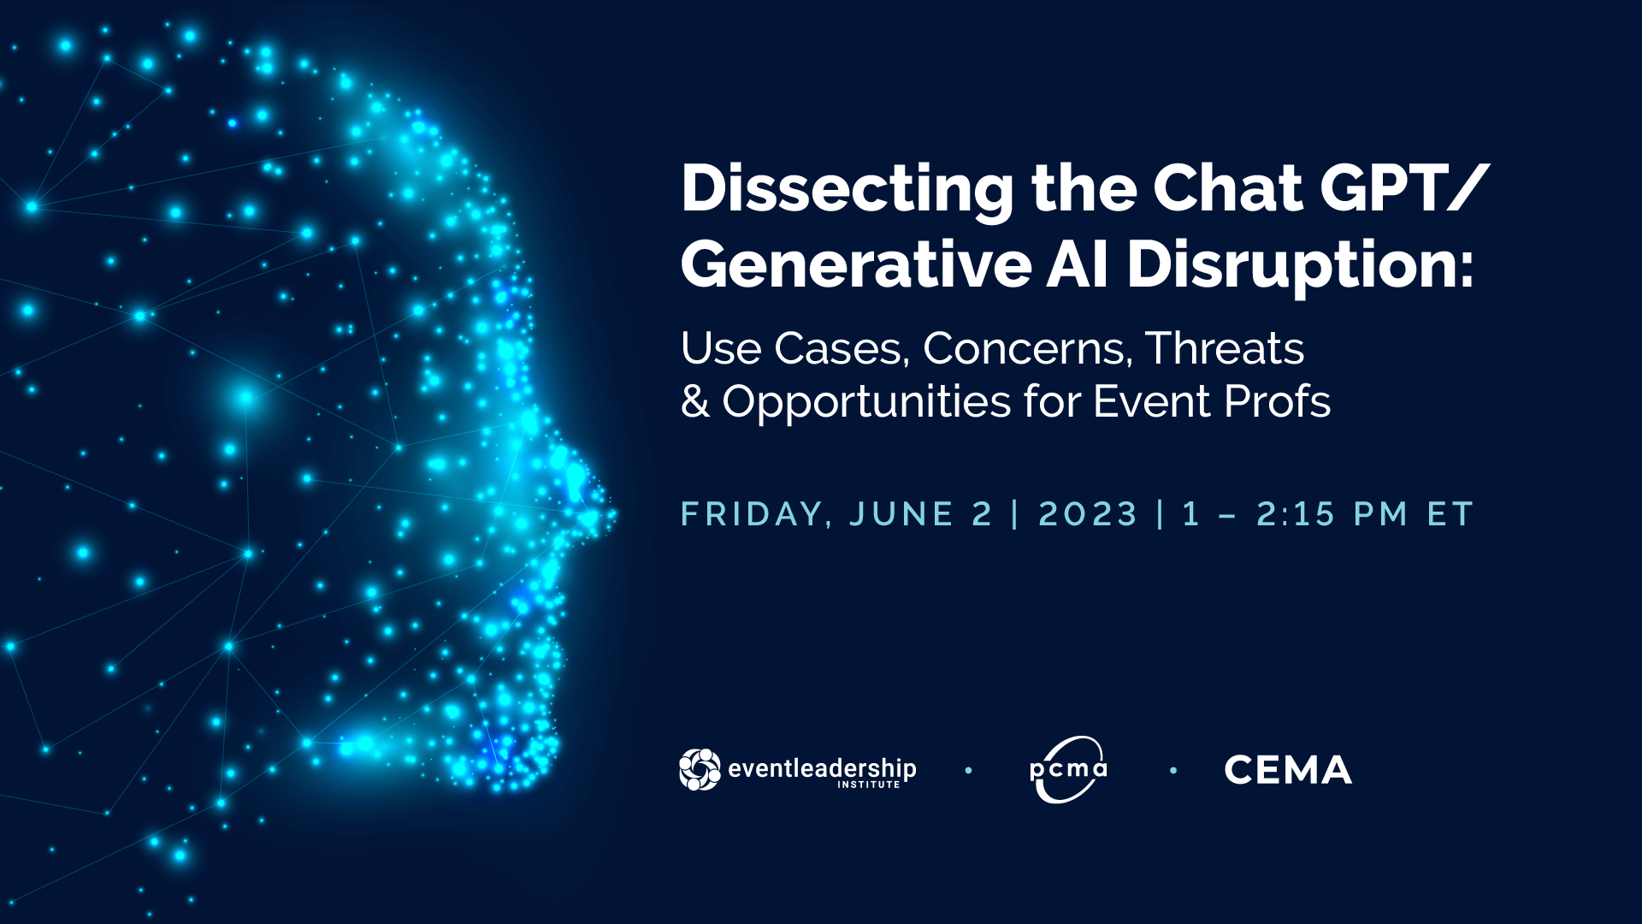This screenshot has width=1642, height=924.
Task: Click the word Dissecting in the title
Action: pos(847,190)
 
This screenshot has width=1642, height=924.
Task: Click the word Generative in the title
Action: pos(856,265)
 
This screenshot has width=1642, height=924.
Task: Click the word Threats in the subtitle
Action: pos(1225,348)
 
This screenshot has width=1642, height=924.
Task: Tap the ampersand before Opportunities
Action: pos(695,402)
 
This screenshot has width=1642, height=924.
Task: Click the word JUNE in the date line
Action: pos(901,514)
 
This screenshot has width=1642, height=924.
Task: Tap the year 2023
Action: pos(1088,514)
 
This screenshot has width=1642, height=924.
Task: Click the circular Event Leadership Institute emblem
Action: pos(700,769)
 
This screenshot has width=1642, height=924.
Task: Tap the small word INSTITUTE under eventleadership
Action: pos(869,785)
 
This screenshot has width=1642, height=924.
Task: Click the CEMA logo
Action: pos(1288,770)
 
